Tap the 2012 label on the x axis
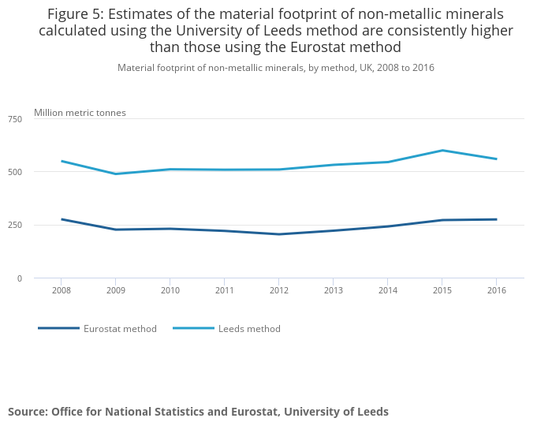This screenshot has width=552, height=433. click(278, 290)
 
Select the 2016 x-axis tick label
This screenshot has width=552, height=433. click(496, 290)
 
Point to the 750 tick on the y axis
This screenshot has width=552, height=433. click(15, 119)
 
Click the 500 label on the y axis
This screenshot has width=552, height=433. click(15, 172)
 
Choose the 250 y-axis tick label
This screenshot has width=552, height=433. click(15, 226)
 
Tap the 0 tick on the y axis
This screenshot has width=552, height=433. click(20, 278)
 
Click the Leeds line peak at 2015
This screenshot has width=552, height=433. click(442, 150)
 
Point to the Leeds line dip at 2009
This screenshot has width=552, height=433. click(115, 174)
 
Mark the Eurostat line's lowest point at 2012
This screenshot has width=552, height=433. click(278, 234)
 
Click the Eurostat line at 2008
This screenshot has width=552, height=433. click(62, 219)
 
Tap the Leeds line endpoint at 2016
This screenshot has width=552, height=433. click(496, 159)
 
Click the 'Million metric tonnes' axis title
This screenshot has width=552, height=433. click(80, 113)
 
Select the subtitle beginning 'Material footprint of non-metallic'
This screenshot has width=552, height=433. click(276, 68)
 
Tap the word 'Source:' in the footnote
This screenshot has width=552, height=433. click(28, 412)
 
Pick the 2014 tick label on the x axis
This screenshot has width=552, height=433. click(387, 290)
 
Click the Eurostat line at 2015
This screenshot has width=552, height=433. click(442, 220)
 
